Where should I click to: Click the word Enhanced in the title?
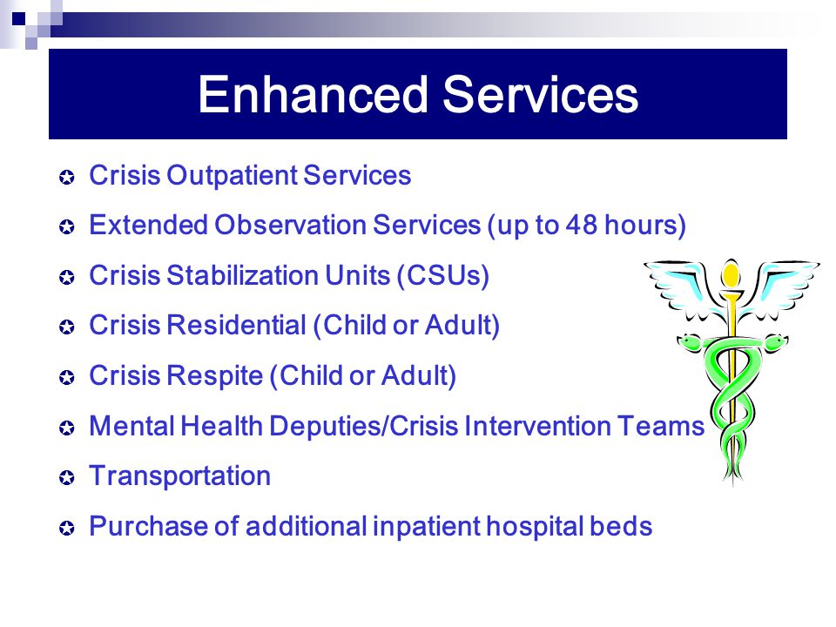point(313,94)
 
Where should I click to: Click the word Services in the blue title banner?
point(541,94)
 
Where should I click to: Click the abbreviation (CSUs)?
point(443,276)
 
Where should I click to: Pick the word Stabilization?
point(243,276)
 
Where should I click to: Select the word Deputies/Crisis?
point(364,427)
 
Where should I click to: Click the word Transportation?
point(179,476)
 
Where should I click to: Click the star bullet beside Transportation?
point(67,478)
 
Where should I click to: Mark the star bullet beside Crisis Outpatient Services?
point(67,177)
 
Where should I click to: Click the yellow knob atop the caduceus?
point(731,273)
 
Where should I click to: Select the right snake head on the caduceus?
point(775,341)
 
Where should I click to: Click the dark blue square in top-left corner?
point(18,19)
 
